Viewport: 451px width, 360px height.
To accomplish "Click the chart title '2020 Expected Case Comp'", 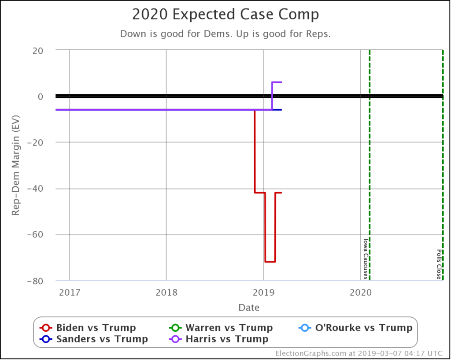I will [x=225, y=15].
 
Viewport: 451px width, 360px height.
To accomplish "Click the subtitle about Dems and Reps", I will [x=225, y=34].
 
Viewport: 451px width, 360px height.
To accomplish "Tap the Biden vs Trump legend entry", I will [x=88, y=328].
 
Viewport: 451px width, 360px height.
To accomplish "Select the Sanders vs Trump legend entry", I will [x=94, y=339].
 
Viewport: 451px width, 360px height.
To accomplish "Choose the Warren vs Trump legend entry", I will [x=221, y=328].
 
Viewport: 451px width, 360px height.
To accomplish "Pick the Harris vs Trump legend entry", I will [x=219, y=339].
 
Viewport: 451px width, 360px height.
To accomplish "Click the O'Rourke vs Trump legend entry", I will [x=355, y=328].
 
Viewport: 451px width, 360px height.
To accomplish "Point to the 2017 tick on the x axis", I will [x=69, y=292].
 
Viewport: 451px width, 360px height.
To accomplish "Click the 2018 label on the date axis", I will [x=166, y=292].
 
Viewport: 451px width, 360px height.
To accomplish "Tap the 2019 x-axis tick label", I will [x=263, y=292].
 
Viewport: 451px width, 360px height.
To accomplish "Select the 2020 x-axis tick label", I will [x=360, y=292].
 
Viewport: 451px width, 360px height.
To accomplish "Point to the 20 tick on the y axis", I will [x=43, y=50].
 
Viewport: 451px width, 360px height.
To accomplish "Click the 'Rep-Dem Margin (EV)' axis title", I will [x=16, y=166].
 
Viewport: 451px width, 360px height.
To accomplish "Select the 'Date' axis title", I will [x=249, y=307].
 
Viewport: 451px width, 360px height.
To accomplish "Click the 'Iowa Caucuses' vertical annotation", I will [x=365, y=259].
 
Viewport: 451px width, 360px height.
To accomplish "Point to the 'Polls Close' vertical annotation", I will [x=439, y=264].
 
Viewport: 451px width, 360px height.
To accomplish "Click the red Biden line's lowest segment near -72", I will [x=270, y=262].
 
